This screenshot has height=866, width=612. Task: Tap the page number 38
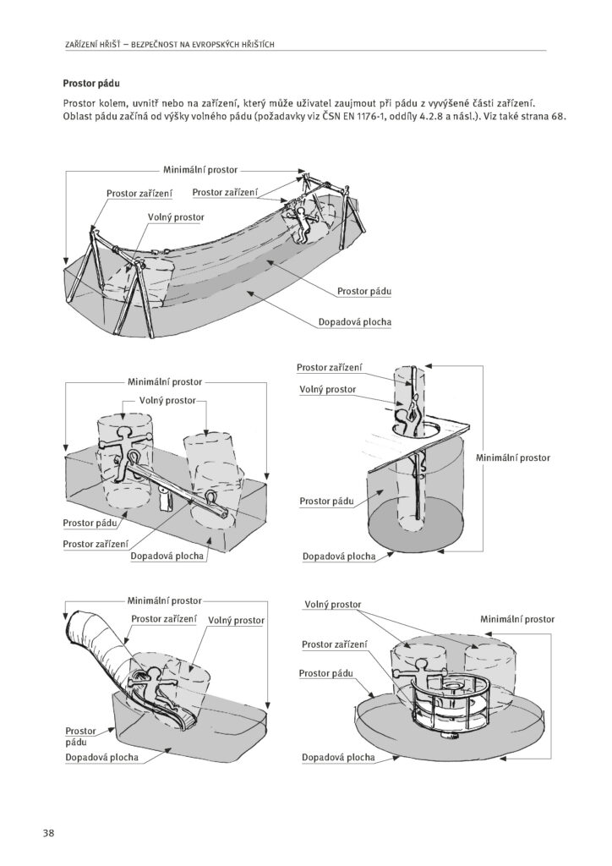coord(49,833)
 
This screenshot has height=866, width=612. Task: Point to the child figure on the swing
coord(301,225)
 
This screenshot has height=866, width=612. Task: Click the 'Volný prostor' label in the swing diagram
coord(177,217)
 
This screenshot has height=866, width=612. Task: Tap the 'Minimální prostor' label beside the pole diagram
coord(513,458)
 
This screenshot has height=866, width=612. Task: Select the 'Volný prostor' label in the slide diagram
coord(236,620)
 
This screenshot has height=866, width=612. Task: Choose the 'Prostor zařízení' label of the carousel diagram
coord(334,644)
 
